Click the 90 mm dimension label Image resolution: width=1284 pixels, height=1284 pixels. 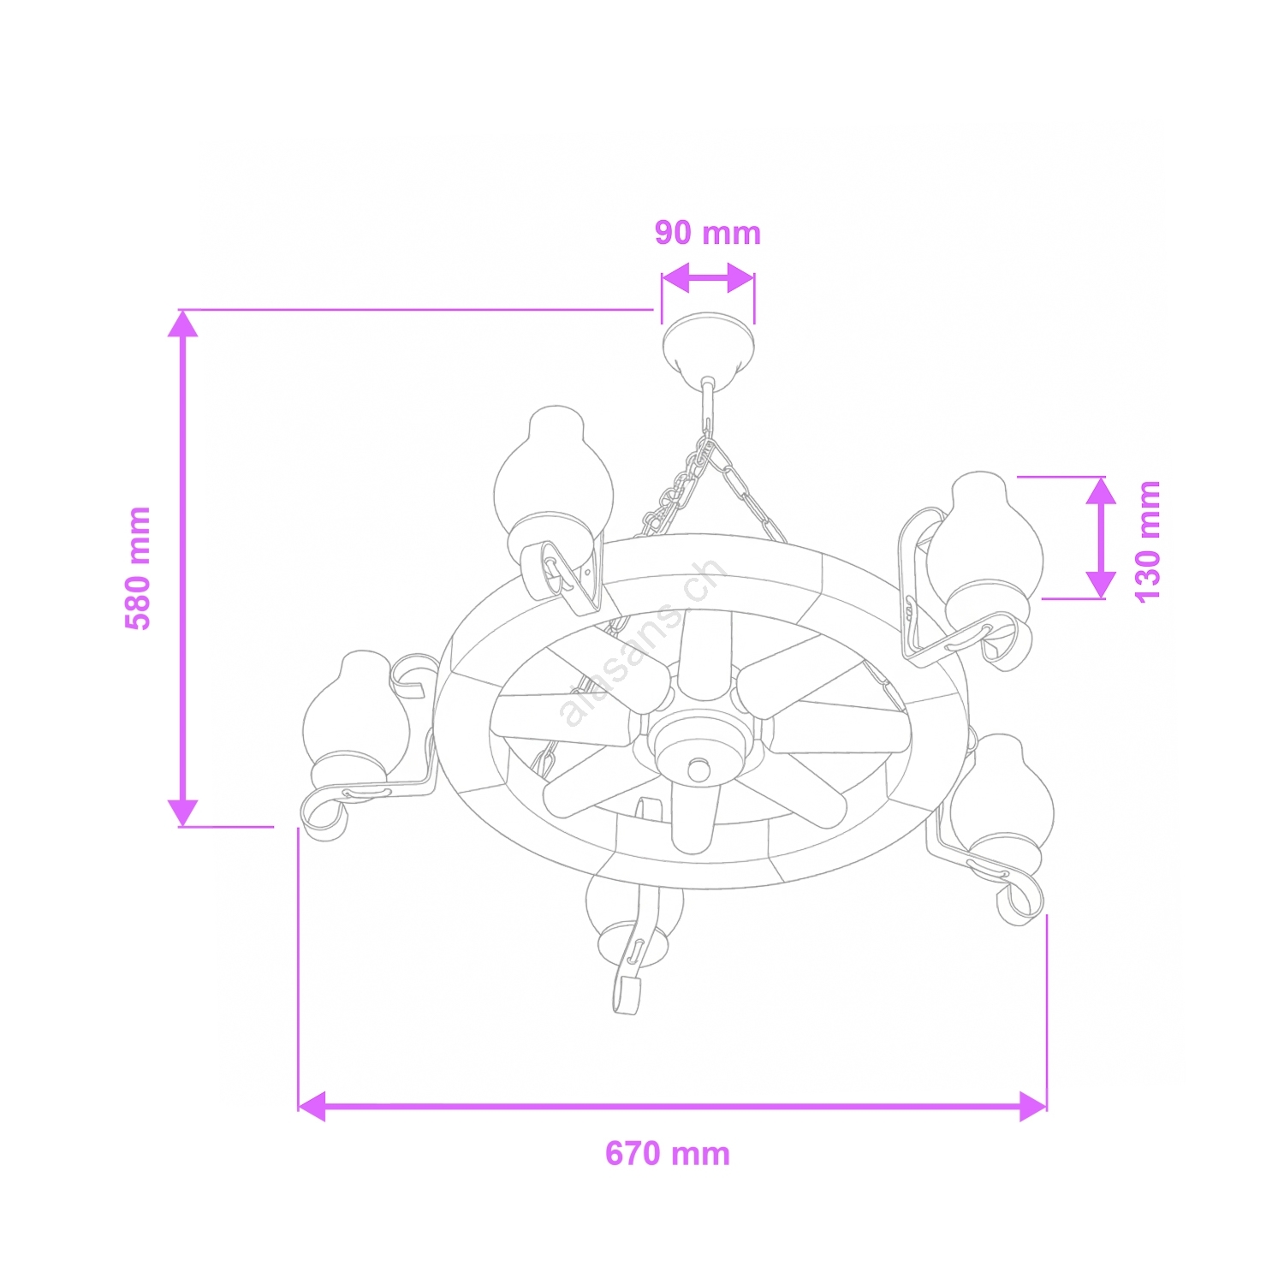pyautogui.click(x=708, y=233)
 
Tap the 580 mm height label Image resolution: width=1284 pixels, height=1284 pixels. pyautogui.click(x=138, y=568)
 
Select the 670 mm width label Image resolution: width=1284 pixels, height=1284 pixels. pyautogui.click(x=668, y=1154)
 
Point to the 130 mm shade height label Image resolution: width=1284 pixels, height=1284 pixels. pyautogui.click(x=1147, y=542)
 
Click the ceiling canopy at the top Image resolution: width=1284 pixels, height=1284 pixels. pyautogui.click(x=708, y=349)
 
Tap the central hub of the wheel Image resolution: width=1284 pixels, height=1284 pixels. pyautogui.click(x=698, y=753)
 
